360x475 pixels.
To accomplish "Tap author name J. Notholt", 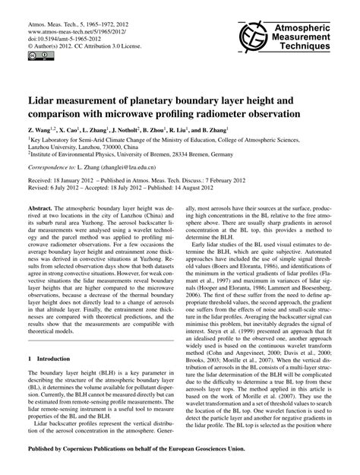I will coord(147,132).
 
